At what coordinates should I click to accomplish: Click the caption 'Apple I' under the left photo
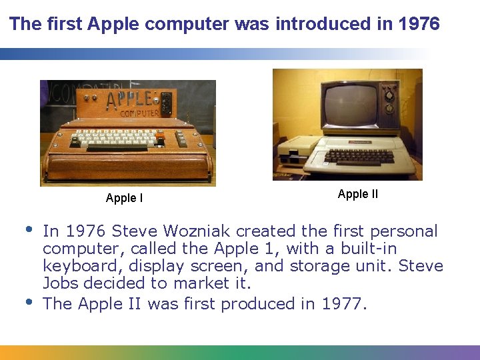tap(124, 198)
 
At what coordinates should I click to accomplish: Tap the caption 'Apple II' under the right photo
tap(357, 194)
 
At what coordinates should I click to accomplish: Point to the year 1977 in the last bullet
tap(341, 304)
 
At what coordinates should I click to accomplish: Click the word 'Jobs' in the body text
tap(57, 283)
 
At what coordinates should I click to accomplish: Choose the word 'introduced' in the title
tap(317, 25)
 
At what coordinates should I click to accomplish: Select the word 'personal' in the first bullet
tap(405, 231)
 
